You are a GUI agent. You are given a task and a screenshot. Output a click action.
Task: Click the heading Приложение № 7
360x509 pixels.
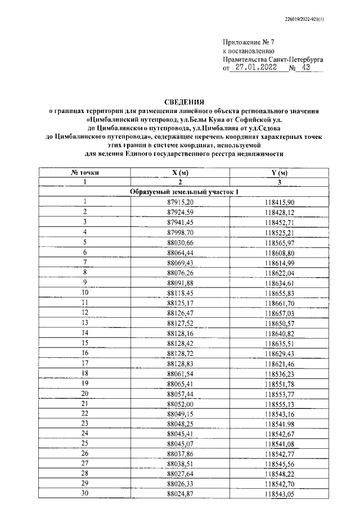click(247, 42)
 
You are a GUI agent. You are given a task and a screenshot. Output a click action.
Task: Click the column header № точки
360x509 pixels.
click(84, 172)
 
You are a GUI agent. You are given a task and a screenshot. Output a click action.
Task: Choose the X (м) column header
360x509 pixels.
click(180, 172)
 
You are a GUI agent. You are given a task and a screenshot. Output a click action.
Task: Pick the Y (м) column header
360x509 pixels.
click(275, 172)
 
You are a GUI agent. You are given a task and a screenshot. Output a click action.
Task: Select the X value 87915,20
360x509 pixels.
click(180, 202)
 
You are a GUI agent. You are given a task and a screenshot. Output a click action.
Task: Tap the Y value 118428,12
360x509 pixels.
click(275, 212)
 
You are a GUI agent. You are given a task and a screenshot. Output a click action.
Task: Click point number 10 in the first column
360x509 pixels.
click(85, 292)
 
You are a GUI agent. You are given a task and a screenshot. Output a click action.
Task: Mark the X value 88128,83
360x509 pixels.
click(180, 363)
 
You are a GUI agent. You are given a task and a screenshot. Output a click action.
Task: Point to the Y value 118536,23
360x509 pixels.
click(275, 373)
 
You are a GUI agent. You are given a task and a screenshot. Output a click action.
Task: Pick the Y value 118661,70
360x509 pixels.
click(275, 303)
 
